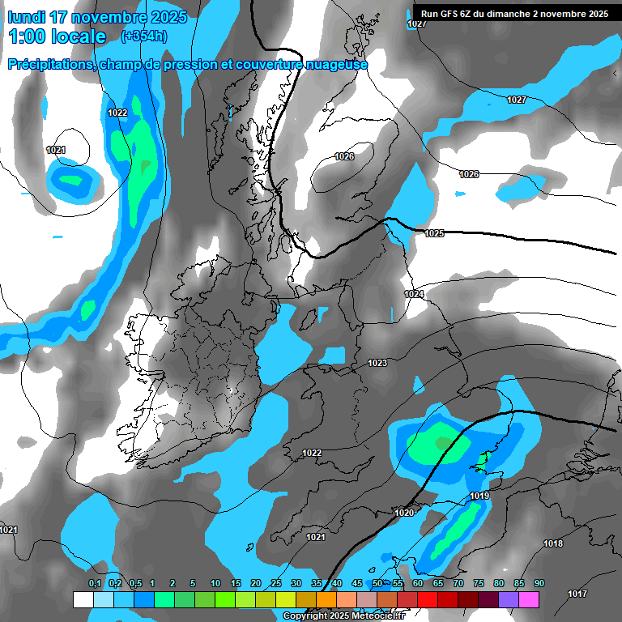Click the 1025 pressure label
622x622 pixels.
(x=434, y=233)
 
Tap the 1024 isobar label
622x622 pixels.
(x=414, y=294)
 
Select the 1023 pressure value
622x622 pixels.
(x=377, y=363)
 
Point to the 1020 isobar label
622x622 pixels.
(x=404, y=513)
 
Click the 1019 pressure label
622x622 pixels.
(x=479, y=496)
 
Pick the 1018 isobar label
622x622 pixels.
(x=553, y=543)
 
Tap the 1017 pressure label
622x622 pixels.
(x=577, y=594)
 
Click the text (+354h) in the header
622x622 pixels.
(x=144, y=36)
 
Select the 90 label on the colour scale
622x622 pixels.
(x=539, y=584)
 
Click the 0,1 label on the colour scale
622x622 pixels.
(x=95, y=584)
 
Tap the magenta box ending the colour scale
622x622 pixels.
(x=529, y=599)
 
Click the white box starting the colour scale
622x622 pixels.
(x=83, y=599)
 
